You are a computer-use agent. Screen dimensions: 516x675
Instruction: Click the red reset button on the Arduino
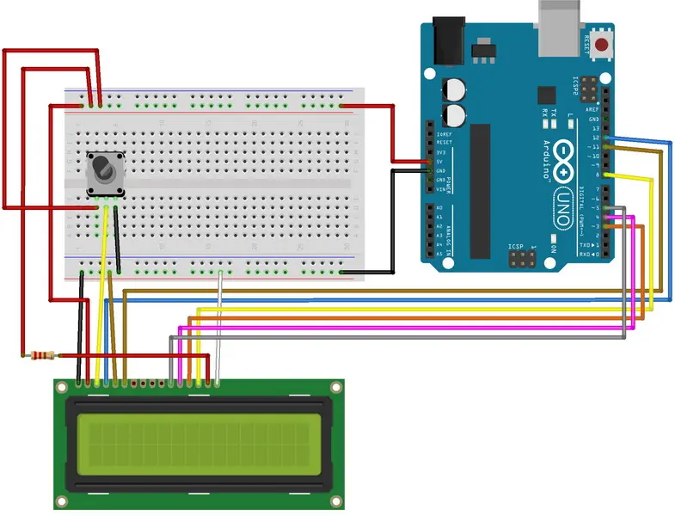click(x=601, y=44)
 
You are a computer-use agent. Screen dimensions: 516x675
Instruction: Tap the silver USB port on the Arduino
click(x=560, y=19)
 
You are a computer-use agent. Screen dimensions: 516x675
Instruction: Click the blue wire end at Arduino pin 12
click(x=609, y=138)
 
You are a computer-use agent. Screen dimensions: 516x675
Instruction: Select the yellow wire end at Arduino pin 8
click(x=609, y=175)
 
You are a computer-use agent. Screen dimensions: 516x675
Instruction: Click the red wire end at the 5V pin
click(x=429, y=162)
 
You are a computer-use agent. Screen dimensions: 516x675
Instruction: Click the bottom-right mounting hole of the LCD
click(x=336, y=500)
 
